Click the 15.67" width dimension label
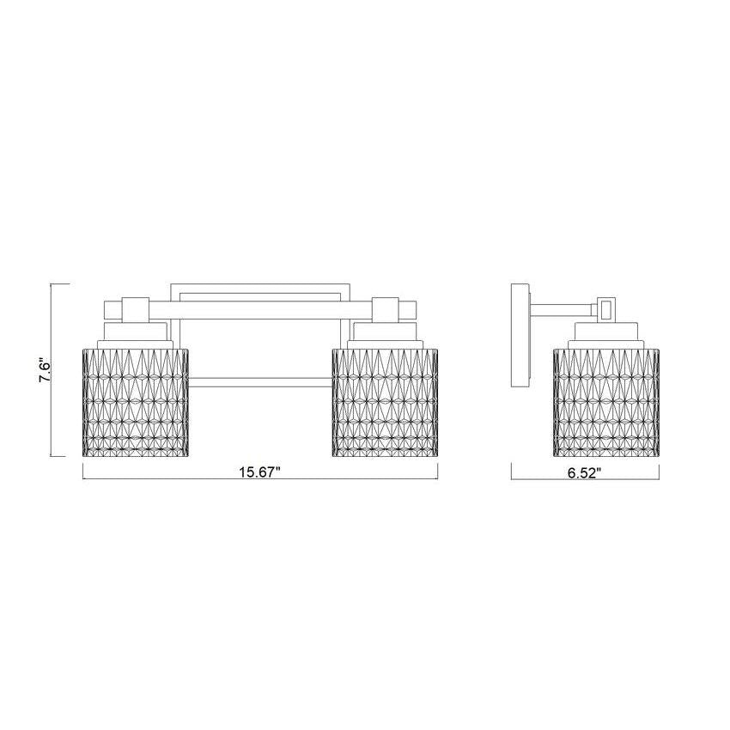[x=259, y=472]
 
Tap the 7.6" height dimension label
[x=46, y=369]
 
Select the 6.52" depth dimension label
[x=585, y=473]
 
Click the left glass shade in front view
[x=135, y=401]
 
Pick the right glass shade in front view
[x=385, y=401]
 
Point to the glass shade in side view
[x=606, y=401]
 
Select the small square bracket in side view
[x=606, y=308]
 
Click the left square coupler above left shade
[x=135, y=309]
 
